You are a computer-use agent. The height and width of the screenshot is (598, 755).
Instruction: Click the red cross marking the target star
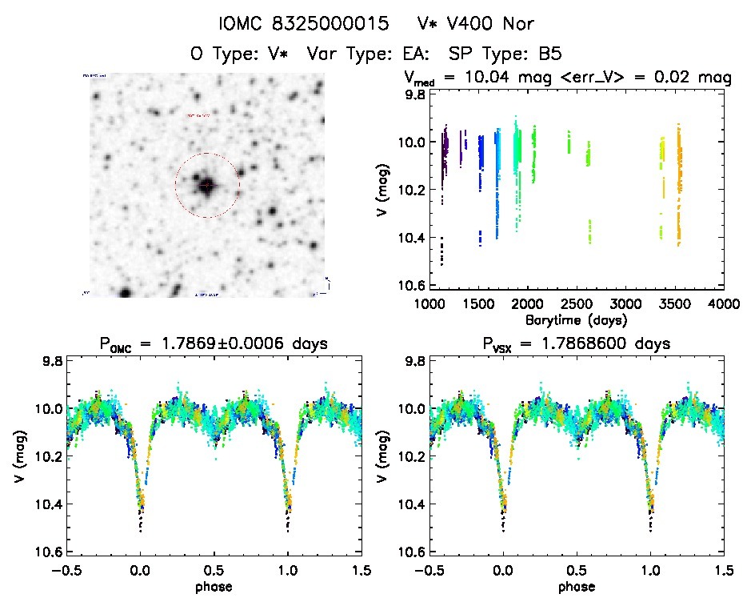(207, 186)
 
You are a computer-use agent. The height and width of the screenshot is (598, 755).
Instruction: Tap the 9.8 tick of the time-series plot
(416, 94)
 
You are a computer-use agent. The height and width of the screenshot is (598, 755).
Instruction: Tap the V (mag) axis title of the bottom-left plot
(18, 456)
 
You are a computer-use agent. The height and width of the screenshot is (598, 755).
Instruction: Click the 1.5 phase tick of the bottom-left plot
(362, 571)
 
